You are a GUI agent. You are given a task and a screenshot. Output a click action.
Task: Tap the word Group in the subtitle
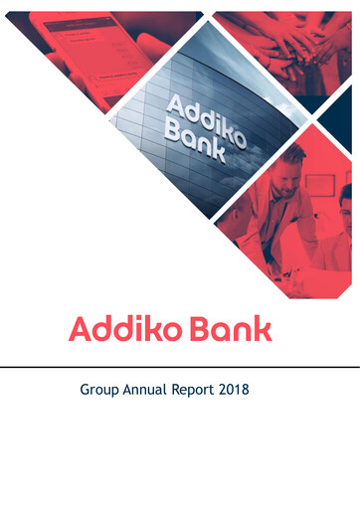[x=100, y=391]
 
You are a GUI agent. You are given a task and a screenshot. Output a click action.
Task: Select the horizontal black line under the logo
[x=180, y=366]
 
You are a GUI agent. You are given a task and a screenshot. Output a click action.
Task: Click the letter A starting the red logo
[x=81, y=329]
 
